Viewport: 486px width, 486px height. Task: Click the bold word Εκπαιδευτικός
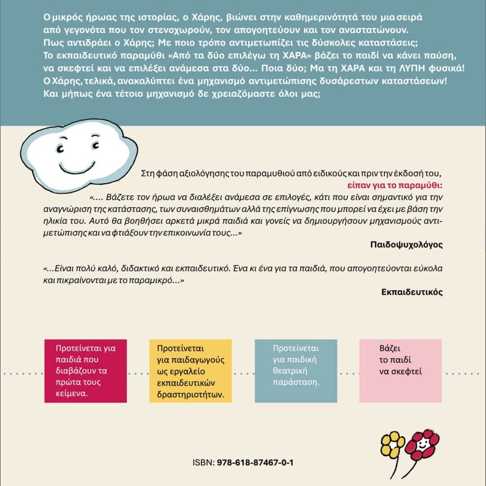click(x=412, y=292)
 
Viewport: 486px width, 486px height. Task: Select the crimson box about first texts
click(x=85, y=371)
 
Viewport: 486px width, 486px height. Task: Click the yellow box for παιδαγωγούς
click(x=190, y=371)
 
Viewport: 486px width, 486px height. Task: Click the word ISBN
click(x=203, y=462)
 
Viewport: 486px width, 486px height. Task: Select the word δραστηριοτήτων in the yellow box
click(x=191, y=394)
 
